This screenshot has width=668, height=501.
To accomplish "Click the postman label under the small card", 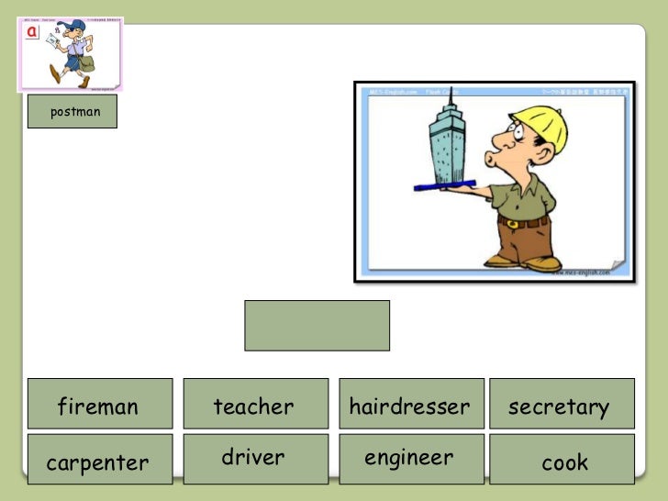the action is coord(72,111).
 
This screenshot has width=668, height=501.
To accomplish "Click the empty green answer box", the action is coord(317,325).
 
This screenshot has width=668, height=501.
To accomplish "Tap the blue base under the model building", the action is coord(444,186).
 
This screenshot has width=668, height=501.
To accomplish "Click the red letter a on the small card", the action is coord(32,31).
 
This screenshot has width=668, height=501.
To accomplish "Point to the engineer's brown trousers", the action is coord(523,241).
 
